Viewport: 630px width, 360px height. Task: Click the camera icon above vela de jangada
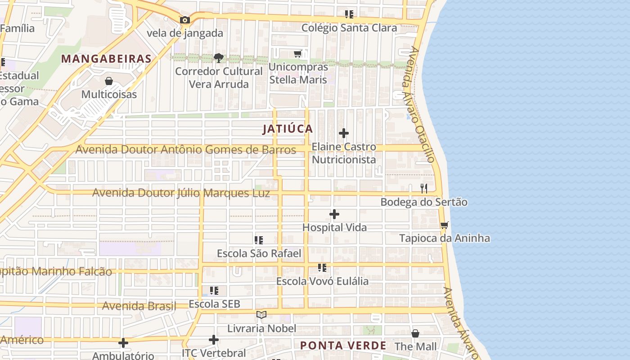click(x=184, y=20)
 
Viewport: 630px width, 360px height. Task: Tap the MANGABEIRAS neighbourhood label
click(x=106, y=58)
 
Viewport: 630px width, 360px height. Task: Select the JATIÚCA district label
click(x=288, y=129)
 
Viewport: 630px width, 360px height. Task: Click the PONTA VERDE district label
click(x=343, y=346)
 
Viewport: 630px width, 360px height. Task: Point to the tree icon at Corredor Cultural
click(x=219, y=58)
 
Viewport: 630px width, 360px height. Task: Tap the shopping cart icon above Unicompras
click(x=297, y=54)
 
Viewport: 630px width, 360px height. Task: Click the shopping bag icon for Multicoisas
click(x=108, y=81)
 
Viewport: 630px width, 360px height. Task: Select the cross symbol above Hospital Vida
click(x=334, y=214)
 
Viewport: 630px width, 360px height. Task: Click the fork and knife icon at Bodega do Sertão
click(x=423, y=189)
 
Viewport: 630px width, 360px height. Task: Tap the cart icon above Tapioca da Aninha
click(x=444, y=225)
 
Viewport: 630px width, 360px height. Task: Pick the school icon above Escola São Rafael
click(x=258, y=240)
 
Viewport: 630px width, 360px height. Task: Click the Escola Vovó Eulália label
click(x=322, y=281)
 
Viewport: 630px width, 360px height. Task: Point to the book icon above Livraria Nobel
click(x=261, y=315)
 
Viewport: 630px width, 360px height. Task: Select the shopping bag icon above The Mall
click(x=415, y=333)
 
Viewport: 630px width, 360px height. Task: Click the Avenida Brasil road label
click(x=139, y=306)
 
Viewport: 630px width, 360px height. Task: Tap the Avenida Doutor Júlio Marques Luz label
click(x=181, y=193)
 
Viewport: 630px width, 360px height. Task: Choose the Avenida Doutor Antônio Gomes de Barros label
click(x=185, y=149)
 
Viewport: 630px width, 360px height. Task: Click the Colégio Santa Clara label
click(x=349, y=28)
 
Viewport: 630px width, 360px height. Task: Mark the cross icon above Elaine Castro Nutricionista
click(x=343, y=133)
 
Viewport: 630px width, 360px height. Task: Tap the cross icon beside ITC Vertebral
click(x=214, y=340)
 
